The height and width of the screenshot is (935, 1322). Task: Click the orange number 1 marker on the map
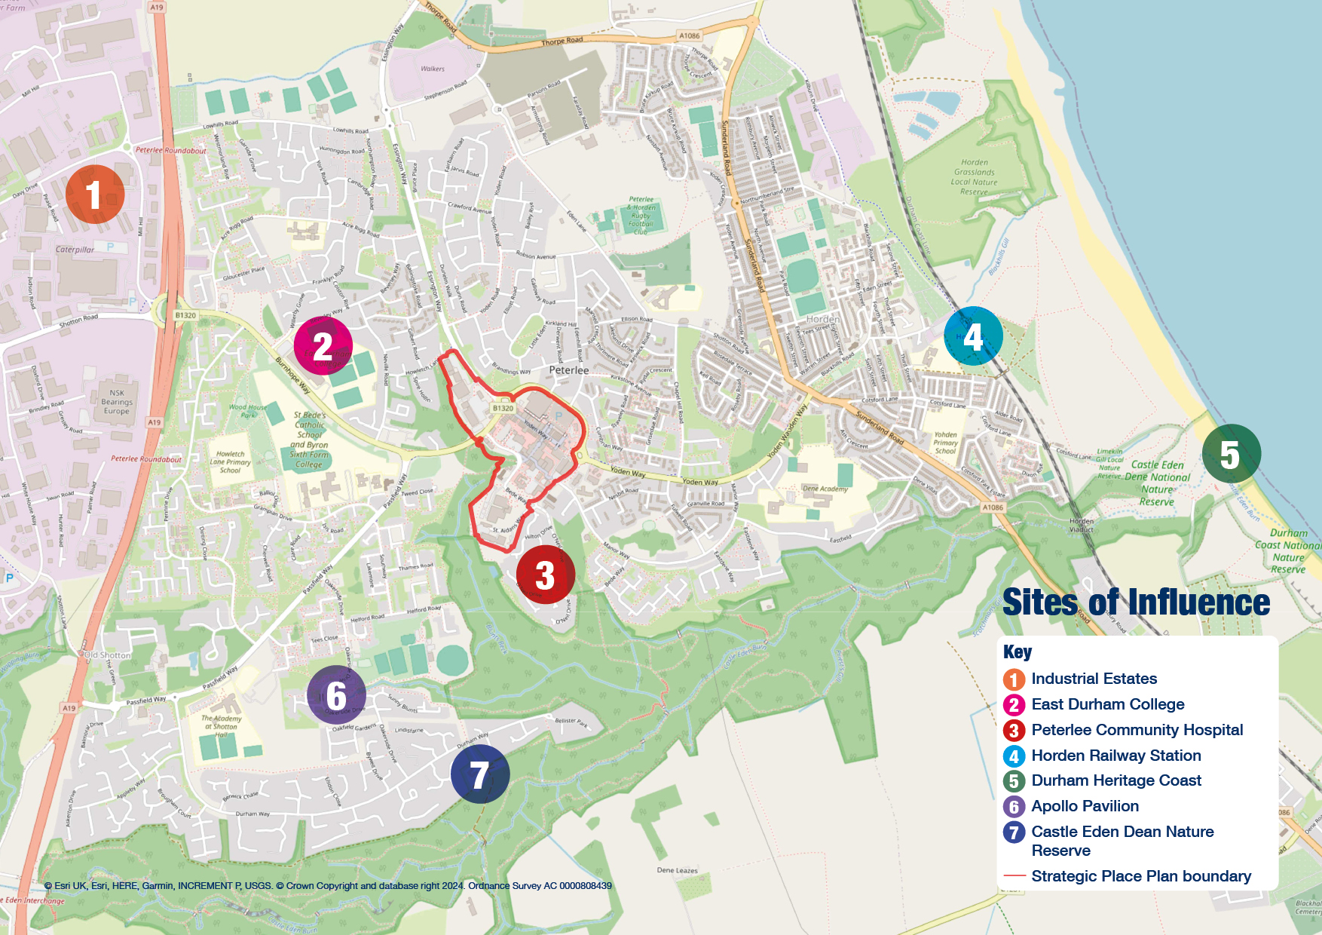(x=94, y=195)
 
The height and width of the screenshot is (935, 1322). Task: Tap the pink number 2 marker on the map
(x=323, y=346)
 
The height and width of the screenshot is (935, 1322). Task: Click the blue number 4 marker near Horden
(x=973, y=336)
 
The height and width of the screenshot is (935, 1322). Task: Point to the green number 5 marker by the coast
(x=1231, y=454)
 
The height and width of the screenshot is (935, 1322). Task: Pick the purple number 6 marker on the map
(x=336, y=695)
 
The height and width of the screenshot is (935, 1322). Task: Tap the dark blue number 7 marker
(x=480, y=774)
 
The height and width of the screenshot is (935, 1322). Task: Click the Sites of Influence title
(x=1136, y=602)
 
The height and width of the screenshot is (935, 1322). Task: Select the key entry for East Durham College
(x=1107, y=704)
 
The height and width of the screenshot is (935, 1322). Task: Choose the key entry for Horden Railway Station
(x=1115, y=756)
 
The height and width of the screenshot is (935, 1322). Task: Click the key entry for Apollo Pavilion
(x=1085, y=806)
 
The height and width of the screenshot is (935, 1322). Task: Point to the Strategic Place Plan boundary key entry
(x=1140, y=876)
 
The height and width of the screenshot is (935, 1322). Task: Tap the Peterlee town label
(x=569, y=370)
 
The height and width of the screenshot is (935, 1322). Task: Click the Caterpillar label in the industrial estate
(x=75, y=250)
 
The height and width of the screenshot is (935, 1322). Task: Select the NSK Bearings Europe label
(x=117, y=402)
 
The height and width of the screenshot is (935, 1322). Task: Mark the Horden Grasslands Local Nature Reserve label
(x=974, y=177)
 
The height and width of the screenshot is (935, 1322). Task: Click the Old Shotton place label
(x=107, y=655)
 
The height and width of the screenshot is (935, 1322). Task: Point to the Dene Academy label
(x=825, y=489)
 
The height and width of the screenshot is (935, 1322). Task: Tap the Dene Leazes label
(x=677, y=870)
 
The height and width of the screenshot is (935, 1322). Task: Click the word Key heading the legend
(x=1018, y=652)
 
